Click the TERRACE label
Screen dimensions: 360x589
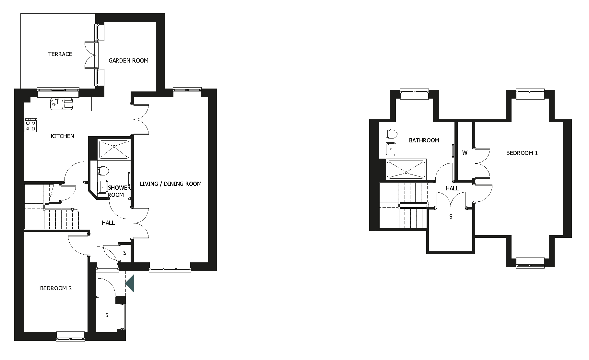click(60, 54)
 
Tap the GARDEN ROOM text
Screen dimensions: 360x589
click(128, 61)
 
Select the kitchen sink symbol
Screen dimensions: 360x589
click(62, 104)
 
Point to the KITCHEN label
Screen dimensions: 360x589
click(63, 136)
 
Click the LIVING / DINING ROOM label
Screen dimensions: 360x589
click(171, 184)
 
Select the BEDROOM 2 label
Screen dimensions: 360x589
click(56, 288)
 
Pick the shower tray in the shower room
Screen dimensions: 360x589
click(114, 150)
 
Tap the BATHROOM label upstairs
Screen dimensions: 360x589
click(424, 140)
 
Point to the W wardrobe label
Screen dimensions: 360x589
click(465, 153)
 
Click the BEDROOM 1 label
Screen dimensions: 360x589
click(522, 153)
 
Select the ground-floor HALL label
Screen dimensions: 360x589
click(108, 223)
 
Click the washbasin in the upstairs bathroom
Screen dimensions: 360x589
click(391, 150)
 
